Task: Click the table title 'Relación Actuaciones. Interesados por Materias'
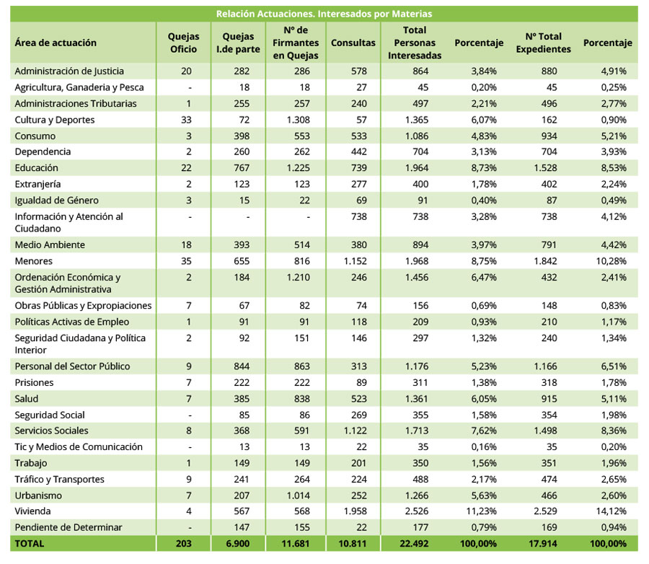point(324,14)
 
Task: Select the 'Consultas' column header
point(353,43)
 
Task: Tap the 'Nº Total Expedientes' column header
point(543,43)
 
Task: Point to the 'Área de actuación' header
point(56,43)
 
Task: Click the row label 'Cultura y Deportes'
point(55,120)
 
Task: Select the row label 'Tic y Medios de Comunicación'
point(79,447)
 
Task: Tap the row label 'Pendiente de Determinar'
point(69,527)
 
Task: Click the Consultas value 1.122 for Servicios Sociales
point(356,431)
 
